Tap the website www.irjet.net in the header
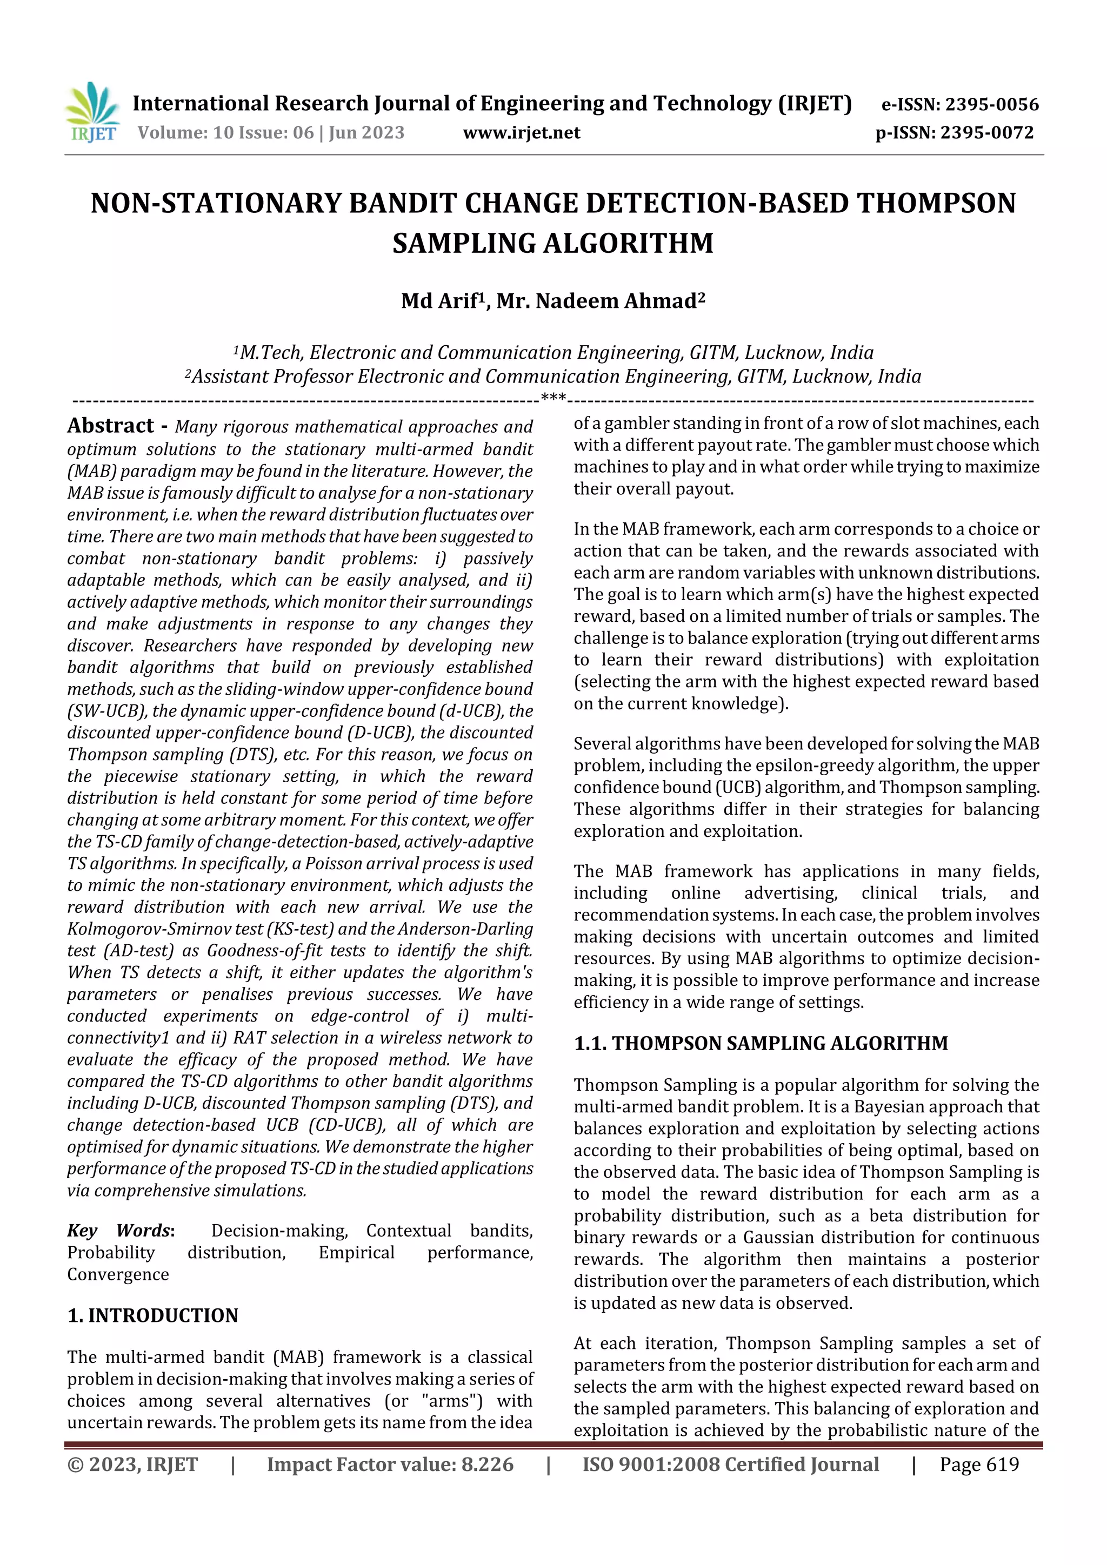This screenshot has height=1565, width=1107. tap(521, 133)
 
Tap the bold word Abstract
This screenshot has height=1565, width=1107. tap(110, 426)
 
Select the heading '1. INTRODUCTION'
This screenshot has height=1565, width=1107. tap(153, 1315)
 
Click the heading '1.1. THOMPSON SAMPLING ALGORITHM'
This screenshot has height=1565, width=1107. tap(761, 1044)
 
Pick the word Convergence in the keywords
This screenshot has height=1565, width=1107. tap(118, 1274)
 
